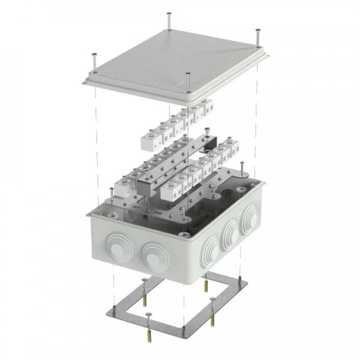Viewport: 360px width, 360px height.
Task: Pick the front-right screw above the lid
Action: (x=188, y=79)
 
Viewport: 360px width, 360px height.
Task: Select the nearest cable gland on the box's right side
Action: (x=210, y=248)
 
